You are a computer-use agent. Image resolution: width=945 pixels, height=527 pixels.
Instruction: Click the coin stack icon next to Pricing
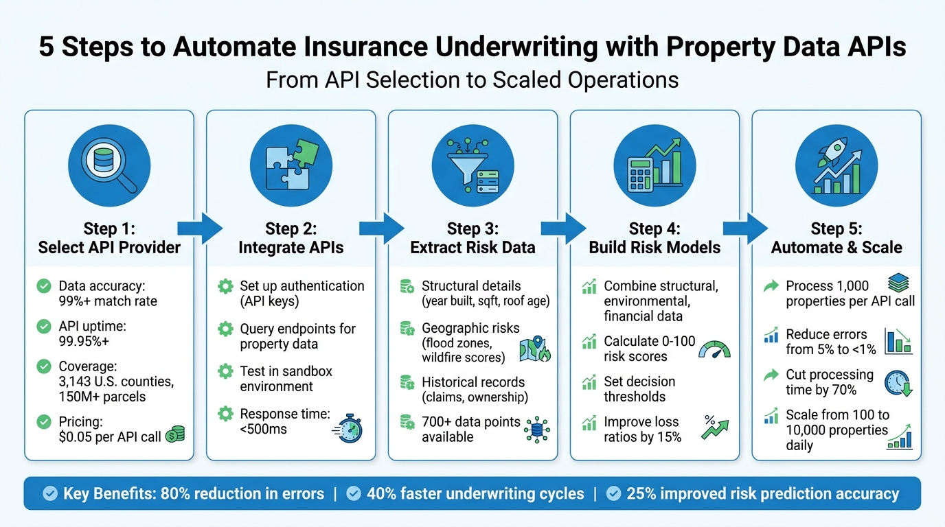(x=175, y=433)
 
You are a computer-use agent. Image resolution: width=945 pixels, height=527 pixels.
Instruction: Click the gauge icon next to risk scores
(x=714, y=349)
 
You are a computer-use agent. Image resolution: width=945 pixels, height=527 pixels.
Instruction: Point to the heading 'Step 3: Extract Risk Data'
(x=473, y=238)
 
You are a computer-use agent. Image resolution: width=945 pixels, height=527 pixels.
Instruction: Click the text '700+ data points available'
(x=470, y=429)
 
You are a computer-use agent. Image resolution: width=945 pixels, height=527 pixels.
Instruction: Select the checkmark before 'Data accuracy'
(x=44, y=286)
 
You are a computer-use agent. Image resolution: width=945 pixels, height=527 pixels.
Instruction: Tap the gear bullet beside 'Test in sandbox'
(x=225, y=371)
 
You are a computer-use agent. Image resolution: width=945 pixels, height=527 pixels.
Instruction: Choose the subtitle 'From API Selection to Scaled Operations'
(x=473, y=80)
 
